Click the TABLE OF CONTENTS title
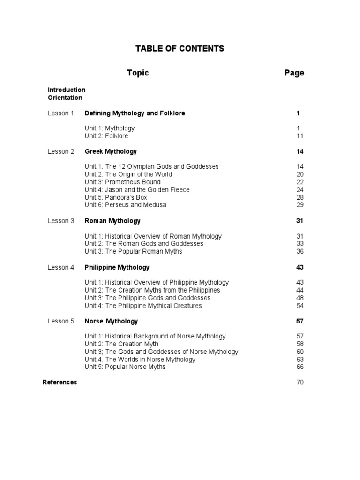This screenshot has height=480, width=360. click(180, 48)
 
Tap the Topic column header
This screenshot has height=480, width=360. click(138, 73)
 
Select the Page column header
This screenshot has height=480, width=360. click(294, 73)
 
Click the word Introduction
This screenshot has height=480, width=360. click(67, 90)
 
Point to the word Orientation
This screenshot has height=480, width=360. click(65, 97)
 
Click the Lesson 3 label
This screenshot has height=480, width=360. click(60, 221)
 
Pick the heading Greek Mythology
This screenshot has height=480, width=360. click(111, 151)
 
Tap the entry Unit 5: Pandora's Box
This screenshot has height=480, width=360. click(116, 197)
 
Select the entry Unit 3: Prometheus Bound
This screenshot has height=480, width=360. click(122, 182)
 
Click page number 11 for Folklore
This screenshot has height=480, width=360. click(300, 136)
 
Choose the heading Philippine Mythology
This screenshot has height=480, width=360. click(117, 267)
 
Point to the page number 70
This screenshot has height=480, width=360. click(300, 382)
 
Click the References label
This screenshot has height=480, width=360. click(60, 382)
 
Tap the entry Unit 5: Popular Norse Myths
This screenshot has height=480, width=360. click(125, 367)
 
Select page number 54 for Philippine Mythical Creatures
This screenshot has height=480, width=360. click(300, 306)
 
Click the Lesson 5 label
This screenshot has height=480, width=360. click(60, 321)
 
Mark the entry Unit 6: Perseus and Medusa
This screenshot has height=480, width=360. click(125, 205)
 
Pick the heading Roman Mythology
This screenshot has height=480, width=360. click(112, 221)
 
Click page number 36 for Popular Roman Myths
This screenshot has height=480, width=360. click(300, 251)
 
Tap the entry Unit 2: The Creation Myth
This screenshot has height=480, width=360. click(121, 344)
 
